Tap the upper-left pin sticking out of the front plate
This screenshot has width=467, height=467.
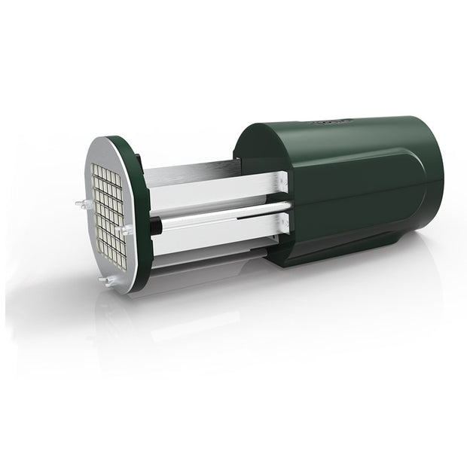[x=80, y=203]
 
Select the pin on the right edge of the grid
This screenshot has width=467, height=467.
[x=127, y=230]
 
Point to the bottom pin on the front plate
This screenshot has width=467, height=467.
[x=105, y=281]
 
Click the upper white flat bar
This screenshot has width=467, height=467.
[x=218, y=190]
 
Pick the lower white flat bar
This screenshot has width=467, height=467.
[x=218, y=237]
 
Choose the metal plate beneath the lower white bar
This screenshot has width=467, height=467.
[x=203, y=256]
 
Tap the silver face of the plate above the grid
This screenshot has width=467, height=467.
[x=105, y=154]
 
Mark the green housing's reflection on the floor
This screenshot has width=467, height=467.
[x=354, y=301]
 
